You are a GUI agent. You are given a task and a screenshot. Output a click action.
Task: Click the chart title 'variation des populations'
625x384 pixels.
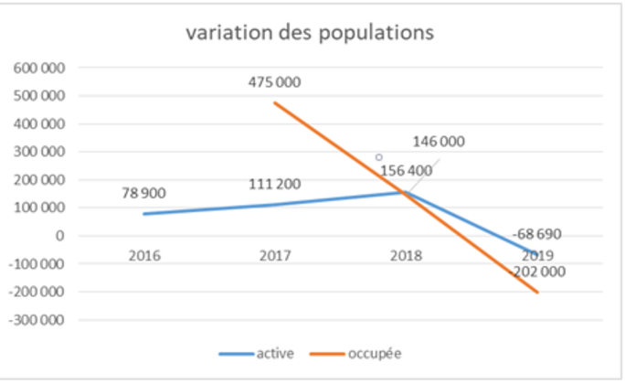click(310, 33)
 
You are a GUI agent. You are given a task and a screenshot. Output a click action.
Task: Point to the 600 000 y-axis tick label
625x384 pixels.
click(37, 68)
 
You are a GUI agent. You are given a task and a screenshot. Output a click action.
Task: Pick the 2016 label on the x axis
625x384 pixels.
click(144, 256)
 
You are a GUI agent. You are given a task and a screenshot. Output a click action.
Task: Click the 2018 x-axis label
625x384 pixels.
click(406, 256)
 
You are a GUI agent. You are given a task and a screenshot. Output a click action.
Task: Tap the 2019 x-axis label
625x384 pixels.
click(537, 256)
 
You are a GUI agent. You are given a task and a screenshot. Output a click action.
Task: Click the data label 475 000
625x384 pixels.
click(274, 82)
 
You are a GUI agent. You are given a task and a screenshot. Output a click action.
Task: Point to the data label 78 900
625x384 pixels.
click(144, 194)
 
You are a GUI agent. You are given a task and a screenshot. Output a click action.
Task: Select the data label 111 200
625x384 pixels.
click(274, 186)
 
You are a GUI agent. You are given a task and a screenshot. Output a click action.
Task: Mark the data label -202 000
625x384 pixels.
click(537, 272)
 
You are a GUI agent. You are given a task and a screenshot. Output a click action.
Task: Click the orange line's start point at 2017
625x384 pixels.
click(274, 102)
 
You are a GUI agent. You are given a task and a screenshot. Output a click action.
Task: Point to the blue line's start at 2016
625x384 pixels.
click(144, 214)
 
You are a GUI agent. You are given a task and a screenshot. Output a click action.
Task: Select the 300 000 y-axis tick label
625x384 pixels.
click(37, 152)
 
